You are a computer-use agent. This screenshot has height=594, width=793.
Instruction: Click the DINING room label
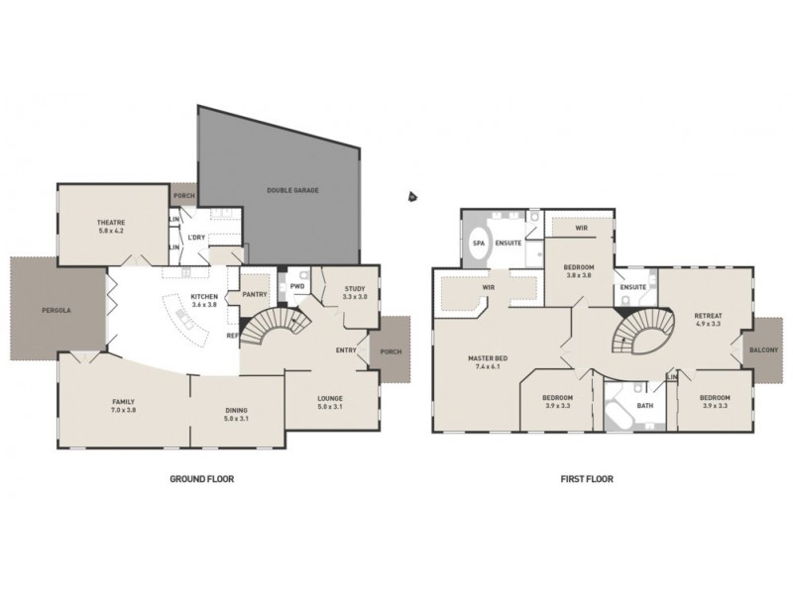click(236, 410)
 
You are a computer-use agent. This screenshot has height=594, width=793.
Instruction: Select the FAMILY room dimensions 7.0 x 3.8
click(123, 410)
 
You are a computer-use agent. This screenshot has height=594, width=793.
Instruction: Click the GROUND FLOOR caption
click(201, 477)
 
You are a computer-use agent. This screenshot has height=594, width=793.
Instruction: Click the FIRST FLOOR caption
click(586, 477)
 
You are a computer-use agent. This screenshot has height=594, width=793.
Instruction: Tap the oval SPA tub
click(477, 243)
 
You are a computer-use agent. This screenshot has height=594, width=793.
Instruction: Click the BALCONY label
click(764, 350)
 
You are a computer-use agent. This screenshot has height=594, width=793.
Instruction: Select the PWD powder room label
click(296, 286)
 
